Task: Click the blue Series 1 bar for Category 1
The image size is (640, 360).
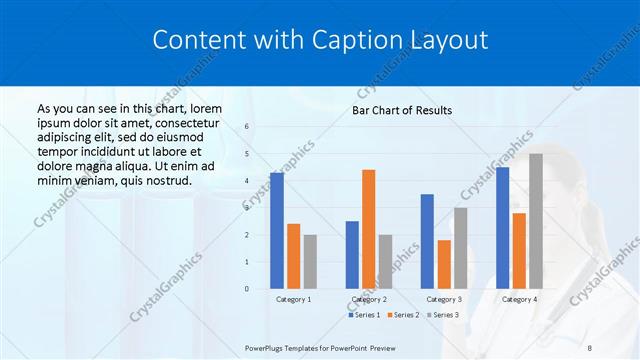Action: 277,231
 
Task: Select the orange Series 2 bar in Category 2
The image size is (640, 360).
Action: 369,229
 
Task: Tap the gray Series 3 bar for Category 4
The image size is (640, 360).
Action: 536,221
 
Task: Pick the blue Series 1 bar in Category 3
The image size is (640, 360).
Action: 427,241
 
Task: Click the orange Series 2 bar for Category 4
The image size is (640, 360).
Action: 519,251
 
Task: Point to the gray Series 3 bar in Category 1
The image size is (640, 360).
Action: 310,262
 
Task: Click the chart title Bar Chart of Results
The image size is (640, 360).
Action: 402,110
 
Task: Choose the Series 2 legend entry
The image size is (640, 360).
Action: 403,315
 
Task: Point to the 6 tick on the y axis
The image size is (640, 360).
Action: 247,127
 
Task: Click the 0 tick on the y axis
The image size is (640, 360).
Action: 247,289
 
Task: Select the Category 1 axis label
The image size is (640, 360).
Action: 293,299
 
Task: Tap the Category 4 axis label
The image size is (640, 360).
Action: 519,299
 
